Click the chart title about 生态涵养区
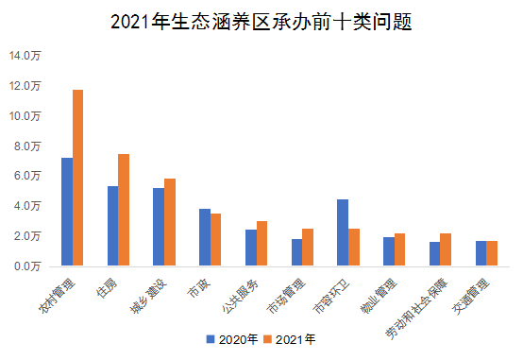[x=261, y=22]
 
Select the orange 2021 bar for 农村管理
[x=78, y=178]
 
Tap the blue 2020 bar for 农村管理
[x=67, y=212]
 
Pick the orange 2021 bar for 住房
[x=124, y=210]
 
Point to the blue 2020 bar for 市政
[x=205, y=237]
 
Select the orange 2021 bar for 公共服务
[x=262, y=244]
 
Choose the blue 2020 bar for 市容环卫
[x=343, y=232]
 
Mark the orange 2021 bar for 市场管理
[x=308, y=248]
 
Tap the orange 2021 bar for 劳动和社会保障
[x=446, y=249]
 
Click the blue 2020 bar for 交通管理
[x=481, y=253]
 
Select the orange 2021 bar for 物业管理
[x=400, y=249]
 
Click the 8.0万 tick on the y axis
[x=28, y=146]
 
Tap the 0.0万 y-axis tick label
[x=28, y=266]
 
